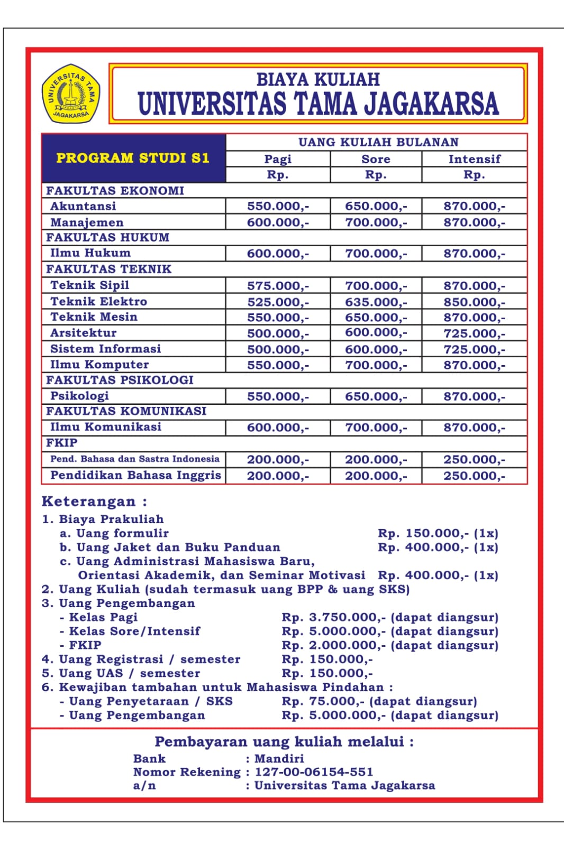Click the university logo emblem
pyautogui.click(x=71, y=94)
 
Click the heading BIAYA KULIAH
pyautogui.click(x=318, y=79)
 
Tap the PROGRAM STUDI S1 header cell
pyautogui.click(x=133, y=158)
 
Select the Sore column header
pyautogui.click(x=376, y=159)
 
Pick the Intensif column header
pyautogui.click(x=474, y=159)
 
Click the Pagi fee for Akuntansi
pyautogui.click(x=278, y=206)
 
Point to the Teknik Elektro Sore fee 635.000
pyautogui.click(x=376, y=302)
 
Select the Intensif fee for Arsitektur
pyautogui.click(x=474, y=333)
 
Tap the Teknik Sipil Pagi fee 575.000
pyautogui.click(x=278, y=286)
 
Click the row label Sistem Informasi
pyautogui.click(x=105, y=349)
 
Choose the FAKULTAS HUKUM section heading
pyautogui.click(x=108, y=237)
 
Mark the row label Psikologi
pyautogui.click(x=79, y=396)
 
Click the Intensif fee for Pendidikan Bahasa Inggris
pyautogui.click(x=474, y=476)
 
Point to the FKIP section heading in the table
pyautogui.click(x=62, y=443)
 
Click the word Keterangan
pyautogui.click(x=89, y=501)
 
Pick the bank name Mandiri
pyautogui.click(x=279, y=758)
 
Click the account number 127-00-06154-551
pyautogui.click(x=314, y=772)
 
